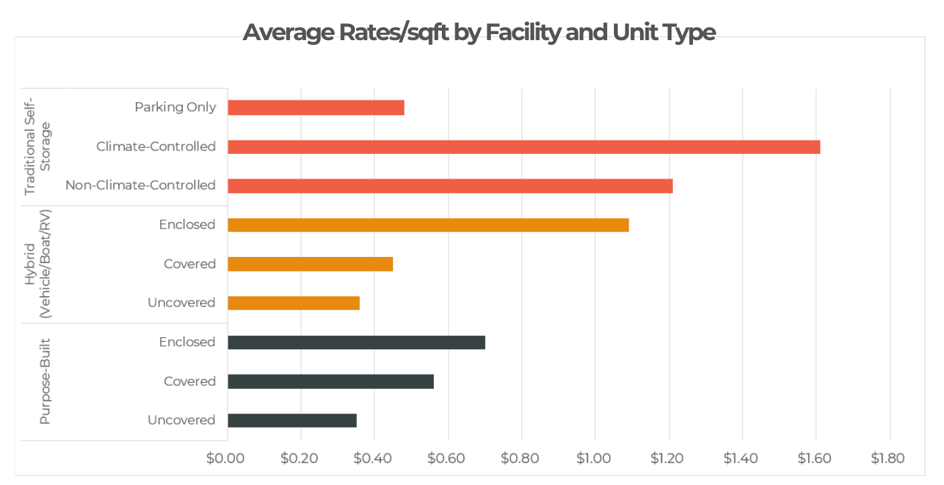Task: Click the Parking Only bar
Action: click(x=316, y=108)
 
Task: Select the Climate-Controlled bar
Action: click(x=524, y=147)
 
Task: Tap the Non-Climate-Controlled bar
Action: click(x=450, y=186)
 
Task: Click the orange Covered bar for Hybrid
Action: click(x=310, y=264)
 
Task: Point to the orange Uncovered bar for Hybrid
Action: click(x=293, y=303)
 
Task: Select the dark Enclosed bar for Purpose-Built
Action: click(x=356, y=343)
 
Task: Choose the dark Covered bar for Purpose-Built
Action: click(x=331, y=381)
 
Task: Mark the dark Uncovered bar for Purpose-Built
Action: click(x=292, y=420)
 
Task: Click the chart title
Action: click(x=479, y=32)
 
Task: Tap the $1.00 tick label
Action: click(x=594, y=458)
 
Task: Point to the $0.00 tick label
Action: click(x=226, y=458)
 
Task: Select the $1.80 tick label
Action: click(x=888, y=458)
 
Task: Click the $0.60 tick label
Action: click(x=447, y=458)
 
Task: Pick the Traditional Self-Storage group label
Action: click(x=37, y=147)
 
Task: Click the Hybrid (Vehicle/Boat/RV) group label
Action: click(x=37, y=264)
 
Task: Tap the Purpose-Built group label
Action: click(x=45, y=381)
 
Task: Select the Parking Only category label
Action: click(x=175, y=107)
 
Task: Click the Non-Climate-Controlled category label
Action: click(x=141, y=185)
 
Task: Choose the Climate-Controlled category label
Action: click(x=156, y=147)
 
